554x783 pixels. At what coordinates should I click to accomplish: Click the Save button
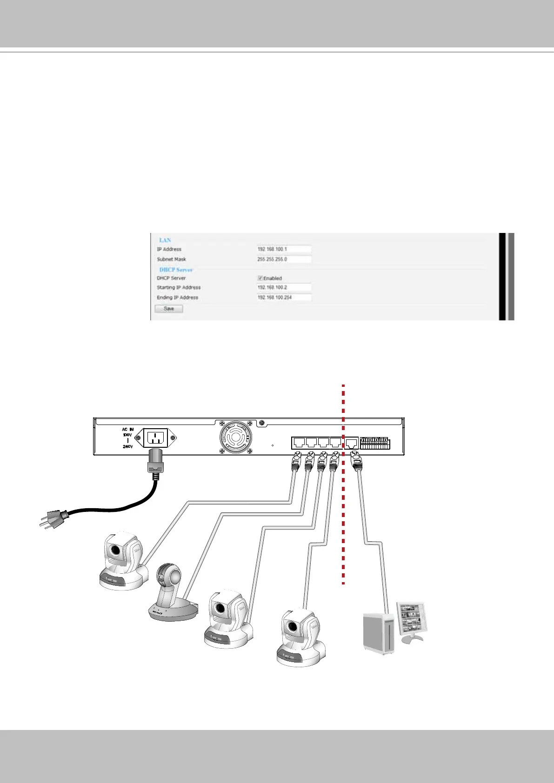(x=169, y=309)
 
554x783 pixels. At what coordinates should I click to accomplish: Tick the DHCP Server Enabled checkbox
(x=260, y=278)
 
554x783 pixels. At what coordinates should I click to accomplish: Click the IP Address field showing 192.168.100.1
(x=284, y=249)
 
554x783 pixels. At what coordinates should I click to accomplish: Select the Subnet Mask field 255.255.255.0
(x=284, y=259)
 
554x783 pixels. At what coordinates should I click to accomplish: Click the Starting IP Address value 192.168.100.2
(x=284, y=287)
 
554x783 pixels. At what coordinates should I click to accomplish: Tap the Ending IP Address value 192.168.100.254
(x=284, y=298)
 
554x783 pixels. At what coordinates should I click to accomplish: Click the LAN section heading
(x=165, y=240)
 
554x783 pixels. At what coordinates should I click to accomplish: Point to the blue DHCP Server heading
(x=176, y=270)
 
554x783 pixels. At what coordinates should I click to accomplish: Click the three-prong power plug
(x=53, y=517)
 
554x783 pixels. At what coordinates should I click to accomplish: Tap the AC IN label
(x=127, y=430)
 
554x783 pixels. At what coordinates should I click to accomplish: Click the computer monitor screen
(x=411, y=618)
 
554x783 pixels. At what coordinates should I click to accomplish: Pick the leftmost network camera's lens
(x=114, y=551)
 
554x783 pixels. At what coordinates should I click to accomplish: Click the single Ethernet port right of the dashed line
(x=352, y=443)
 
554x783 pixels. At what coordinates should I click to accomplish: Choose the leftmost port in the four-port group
(x=299, y=443)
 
